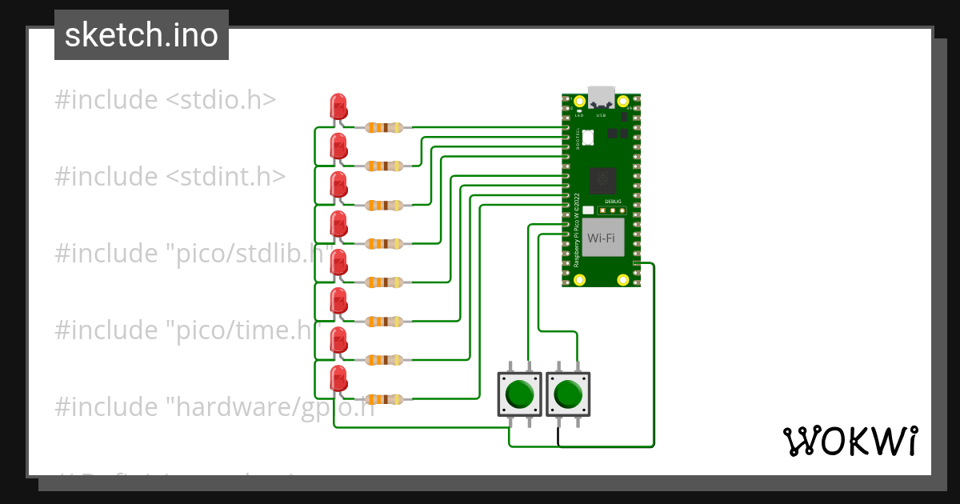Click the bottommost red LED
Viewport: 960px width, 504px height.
click(338, 379)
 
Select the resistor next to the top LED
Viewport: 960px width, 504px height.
click(384, 127)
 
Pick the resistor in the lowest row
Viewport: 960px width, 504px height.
click(384, 398)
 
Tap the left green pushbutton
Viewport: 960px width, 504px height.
click(520, 394)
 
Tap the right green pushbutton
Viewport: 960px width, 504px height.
click(568, 394)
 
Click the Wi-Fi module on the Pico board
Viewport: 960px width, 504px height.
click(602, 238)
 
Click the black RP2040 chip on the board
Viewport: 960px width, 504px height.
click(602, 182)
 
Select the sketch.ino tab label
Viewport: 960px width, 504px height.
click(142, 35)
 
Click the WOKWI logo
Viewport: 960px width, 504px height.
click(849, 441)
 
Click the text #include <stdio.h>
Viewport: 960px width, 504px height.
click(165, 100)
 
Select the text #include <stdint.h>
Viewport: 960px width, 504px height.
click(170, 177)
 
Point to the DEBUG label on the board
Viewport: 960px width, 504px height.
click(613, 202)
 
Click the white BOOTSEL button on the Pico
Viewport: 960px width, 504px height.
click(589, 137)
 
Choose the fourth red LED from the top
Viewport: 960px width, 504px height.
click(338, 224)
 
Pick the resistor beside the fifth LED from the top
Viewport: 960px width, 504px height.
click(384, 282)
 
